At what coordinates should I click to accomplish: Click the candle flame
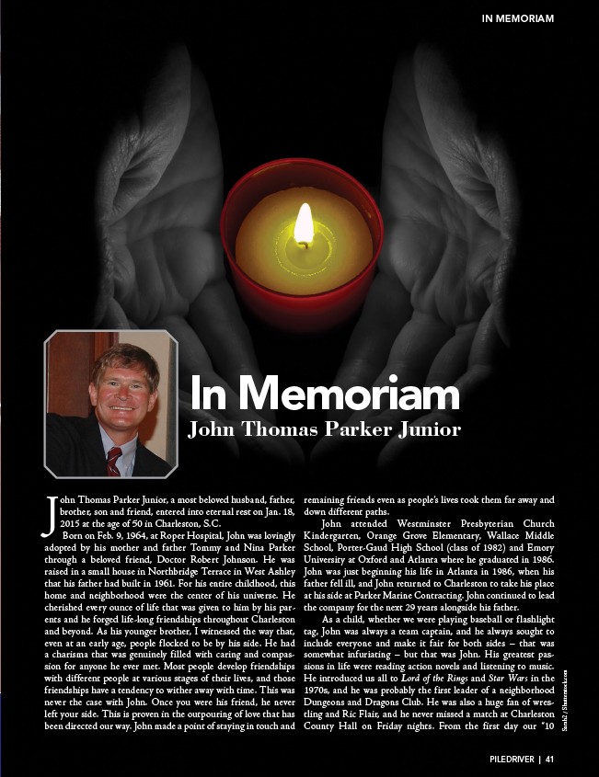[303, 224]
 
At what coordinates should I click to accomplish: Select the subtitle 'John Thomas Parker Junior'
[324, 428]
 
